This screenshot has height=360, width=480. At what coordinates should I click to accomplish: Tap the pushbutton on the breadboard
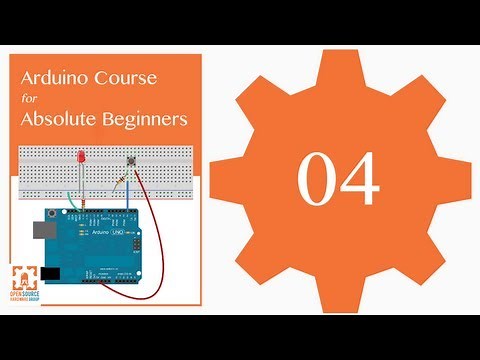coord(130,160)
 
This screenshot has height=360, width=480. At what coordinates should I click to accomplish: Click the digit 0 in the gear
coord(316,180)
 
